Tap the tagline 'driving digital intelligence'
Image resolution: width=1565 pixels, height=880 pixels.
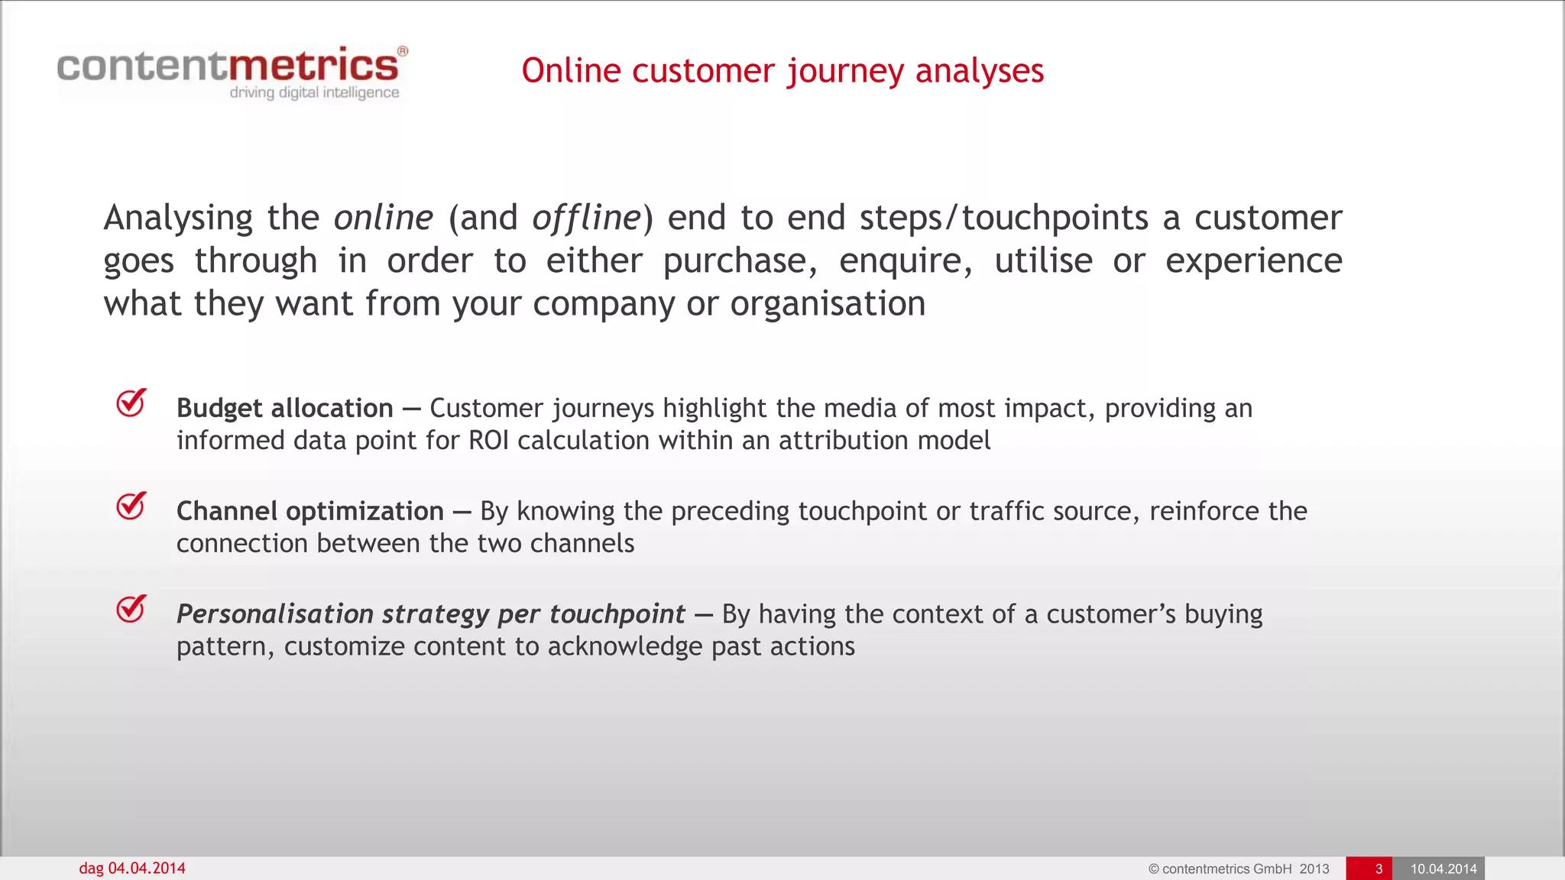point(314,92)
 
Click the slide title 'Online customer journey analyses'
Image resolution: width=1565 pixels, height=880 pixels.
point(782,71)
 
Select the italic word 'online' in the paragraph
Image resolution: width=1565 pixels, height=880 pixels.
point(383,218)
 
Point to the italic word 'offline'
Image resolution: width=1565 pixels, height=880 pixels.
point(586,218)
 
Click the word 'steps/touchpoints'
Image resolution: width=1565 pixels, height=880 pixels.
point(1003,218)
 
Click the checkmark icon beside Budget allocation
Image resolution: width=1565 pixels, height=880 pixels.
point(131,403)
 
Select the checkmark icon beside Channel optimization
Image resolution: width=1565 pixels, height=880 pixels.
point(131,506)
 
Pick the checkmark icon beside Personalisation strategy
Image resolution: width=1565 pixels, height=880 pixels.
point(131,609)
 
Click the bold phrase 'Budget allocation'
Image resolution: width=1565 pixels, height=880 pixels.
point(284,408)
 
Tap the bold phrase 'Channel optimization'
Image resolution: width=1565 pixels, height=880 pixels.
point(309,511)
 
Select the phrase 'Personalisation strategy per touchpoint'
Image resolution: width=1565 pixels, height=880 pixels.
point(430,614)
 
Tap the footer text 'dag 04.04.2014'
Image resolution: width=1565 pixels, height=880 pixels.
point(131,869)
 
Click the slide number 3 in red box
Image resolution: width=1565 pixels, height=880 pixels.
point(1379,869)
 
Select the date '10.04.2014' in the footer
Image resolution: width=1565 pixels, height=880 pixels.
point(1443,869)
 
